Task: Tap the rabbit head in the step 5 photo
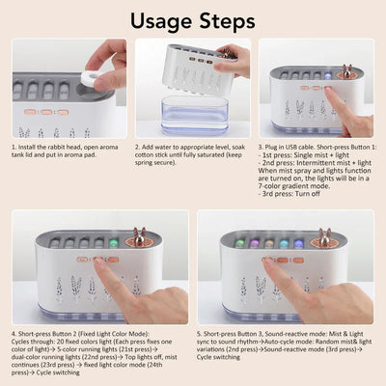[x=325, y=234]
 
